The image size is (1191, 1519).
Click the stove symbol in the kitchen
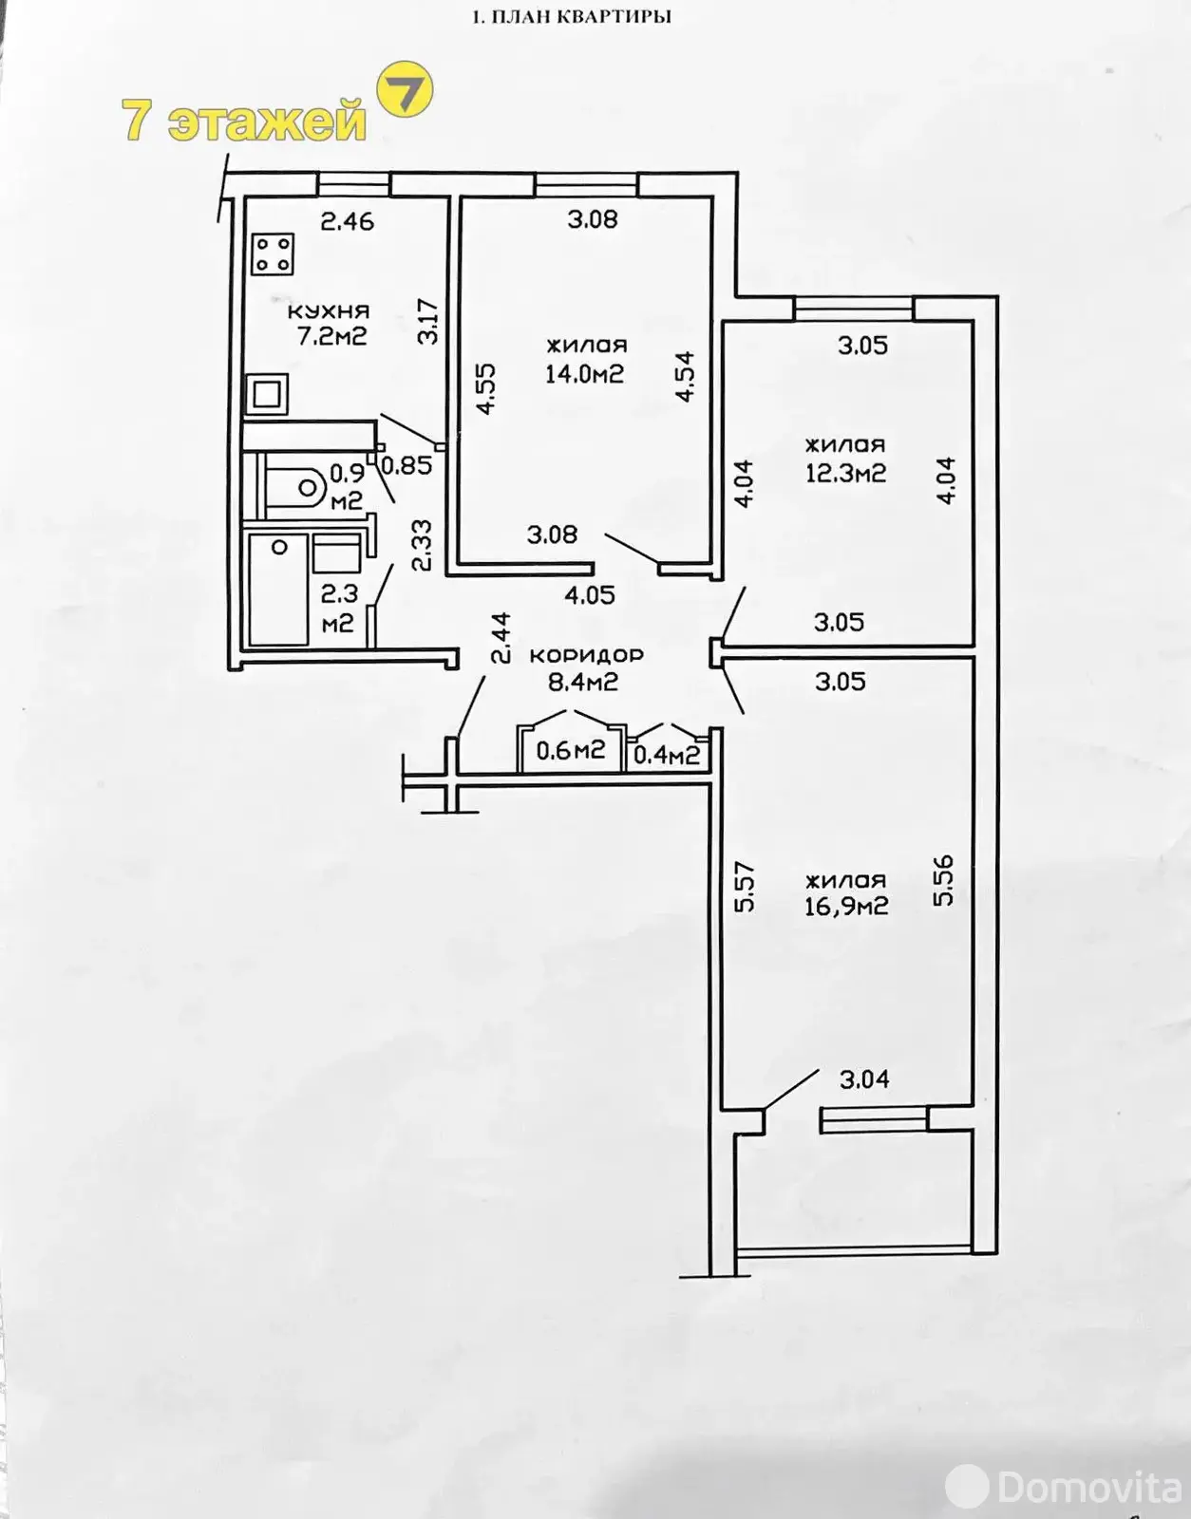pyautogui.click(x=273, y=254)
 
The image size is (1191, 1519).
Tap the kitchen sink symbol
pyautogui.click(x=267, y=394)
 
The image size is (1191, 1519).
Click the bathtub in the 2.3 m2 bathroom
pyautogui.click(x=277, y=588)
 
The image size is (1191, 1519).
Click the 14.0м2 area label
pyautogui.click(x=584, y=373)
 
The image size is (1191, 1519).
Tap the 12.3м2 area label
pyautogui.click(x=845, y=472)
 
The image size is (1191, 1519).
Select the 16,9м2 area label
pyautogui.click(x=845, y=906)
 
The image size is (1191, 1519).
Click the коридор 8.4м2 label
pyautogui.click(x=585, y=667)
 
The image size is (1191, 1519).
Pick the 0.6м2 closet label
pyautogui.click(x=570, y=751)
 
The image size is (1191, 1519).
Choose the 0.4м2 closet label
pyautogui.click(x=667, y=755)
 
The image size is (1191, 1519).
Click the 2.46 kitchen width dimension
pyautogui.click(x=348, y=222)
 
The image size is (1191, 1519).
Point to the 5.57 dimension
pyautogui.click(x=745, y=886)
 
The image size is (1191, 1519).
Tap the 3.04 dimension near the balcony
pyautogui.click(x=864, y=1078)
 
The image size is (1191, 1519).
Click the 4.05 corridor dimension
pyautogui.click(x=590, y=595)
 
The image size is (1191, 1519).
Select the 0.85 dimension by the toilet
pyautogui.click(x=406, y=465)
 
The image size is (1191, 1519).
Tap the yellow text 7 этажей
pyautogui.click(x=244, y=122)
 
